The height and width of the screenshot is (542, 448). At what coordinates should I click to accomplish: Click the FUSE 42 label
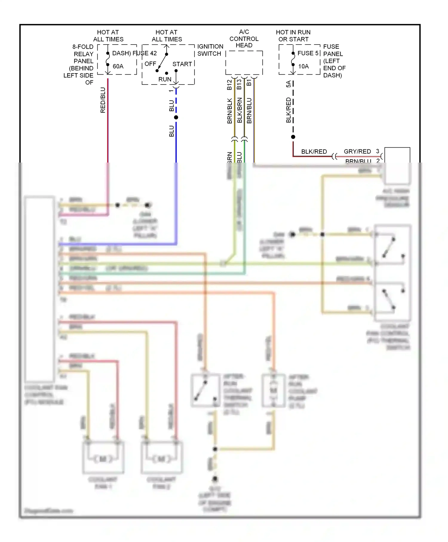[145, 53]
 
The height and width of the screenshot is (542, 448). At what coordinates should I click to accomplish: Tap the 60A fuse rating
[118, 66]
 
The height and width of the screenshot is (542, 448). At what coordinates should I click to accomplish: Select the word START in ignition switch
[182, 64]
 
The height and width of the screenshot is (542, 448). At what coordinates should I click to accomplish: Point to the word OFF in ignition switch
[150, 64]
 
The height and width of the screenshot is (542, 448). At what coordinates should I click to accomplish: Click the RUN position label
[165, 79]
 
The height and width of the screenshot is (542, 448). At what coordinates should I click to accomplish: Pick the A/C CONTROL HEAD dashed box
[244, 63]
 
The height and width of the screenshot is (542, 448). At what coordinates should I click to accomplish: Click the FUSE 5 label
[308, 53]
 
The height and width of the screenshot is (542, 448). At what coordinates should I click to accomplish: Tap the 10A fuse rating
[303, 66]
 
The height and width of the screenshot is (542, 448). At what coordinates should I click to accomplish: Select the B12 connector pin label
[229, 85]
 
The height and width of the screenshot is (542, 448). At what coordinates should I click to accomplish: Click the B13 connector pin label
[239, 85]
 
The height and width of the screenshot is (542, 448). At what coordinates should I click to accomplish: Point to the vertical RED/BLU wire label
[103, 100]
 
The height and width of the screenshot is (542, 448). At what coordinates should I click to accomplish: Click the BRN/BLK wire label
[230, 111]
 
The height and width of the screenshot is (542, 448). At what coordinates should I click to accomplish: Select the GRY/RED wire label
[357, 151]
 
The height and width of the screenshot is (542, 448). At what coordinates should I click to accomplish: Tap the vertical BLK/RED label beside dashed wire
[289, 110]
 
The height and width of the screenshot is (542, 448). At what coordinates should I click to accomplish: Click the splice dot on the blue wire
[176, 117]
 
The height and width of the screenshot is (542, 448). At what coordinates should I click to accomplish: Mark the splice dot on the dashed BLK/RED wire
[293, 137]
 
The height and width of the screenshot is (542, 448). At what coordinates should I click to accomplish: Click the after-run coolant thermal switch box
[205, 390]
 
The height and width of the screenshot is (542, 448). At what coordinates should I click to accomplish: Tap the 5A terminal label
[289, 84]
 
